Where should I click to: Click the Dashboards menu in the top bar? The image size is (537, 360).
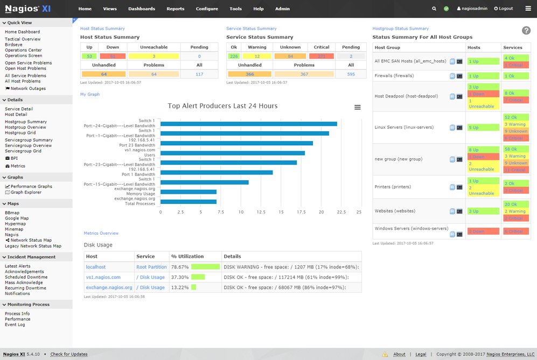pyautogui.click(x=141, y=9)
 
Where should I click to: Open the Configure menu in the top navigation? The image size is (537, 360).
pyautogui.click(x=207, y=9)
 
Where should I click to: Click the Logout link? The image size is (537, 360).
pyautogui.click(x=504, y=9)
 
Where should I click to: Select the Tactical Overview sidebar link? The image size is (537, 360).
pyautogui.click(x=23, y=39)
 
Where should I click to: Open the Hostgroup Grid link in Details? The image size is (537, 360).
pyautogui.click(x=20, y=132)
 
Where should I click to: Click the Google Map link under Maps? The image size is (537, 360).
pyautogui.click(x=17, y=218)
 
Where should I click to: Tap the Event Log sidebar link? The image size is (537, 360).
pyautogui.click(x=15, y=325)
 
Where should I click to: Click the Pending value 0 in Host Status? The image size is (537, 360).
pyautogui.click(x=199, y=56)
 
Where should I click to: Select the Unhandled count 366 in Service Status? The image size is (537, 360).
pyautogui.click(x=249, y=74)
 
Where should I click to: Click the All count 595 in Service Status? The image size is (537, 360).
pyautogui.click(x=351, y=74)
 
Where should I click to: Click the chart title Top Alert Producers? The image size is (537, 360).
pyautogui.click(x=222, y=106)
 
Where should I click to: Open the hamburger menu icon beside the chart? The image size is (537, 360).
pyautogui.click(x=357, y=108)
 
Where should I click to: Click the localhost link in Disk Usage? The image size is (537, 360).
pyautogui.click(x=96, y=267)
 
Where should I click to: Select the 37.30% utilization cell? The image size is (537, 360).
pyautogui.click(x=179, y=277)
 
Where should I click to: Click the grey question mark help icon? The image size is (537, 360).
pyautogui.click(x=526, y=31)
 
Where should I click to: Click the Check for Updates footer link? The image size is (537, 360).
pyautogui.click(x=69, y=354)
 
